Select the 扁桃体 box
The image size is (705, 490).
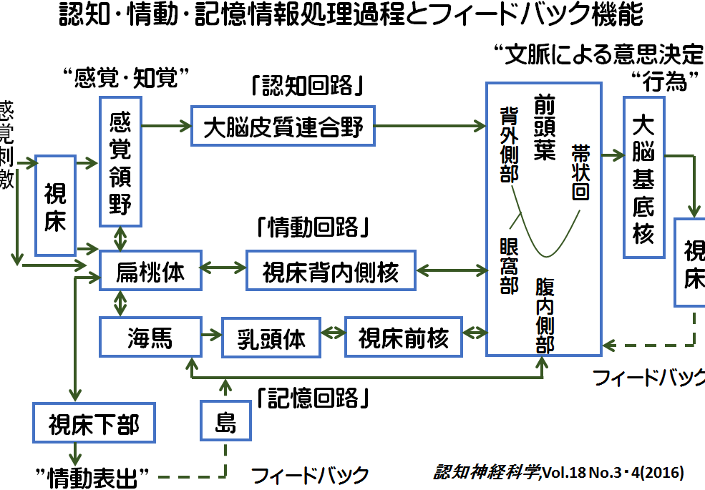pyautogui.click(x=150, y=272)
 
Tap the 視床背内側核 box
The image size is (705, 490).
pyautogui.click(x=330, y=271)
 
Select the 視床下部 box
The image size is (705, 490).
pyautogui.click(x=94, y=423)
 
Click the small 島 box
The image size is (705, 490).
pyautogui.click(x=225, y=422)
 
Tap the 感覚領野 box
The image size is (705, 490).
pyautogui.click(x=120, y=162)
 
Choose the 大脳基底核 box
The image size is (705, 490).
pyautogui.click(x=643, y=177)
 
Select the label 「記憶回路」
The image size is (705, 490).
pyautogui.click(x=312, y=396)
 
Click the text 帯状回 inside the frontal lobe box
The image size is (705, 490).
pyautogui.click(x=580, y=172)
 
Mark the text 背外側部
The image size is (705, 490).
pyautogui.click(x=509, y=144)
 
